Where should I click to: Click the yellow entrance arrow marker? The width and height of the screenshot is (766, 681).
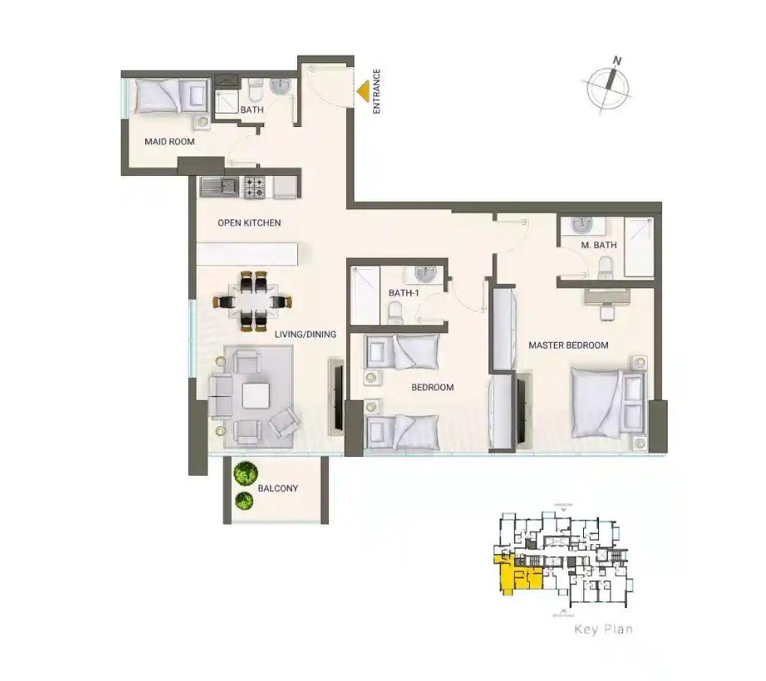tap(363, 92)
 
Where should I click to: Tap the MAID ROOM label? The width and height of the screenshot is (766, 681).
tap(169, 141)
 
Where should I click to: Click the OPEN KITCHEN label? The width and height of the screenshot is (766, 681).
tap(249, 222)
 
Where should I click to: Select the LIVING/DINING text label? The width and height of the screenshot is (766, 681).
tap(305, 334)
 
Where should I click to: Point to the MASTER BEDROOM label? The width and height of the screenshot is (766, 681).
tap(568, 345)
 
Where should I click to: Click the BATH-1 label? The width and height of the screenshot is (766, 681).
tap(403, 293)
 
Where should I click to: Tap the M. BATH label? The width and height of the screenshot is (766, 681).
tap(599, 245)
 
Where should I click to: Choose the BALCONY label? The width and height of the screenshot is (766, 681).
tap(278, 489)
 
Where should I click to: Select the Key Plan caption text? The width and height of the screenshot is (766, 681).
tap(603, 629)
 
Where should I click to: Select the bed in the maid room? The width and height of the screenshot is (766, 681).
tap(172, 95)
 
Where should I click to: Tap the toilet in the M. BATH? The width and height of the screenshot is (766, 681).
tap(605, 266)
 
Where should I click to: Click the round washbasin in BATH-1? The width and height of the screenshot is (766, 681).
tap(424, 272)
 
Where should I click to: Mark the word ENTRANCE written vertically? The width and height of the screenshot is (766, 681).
tap(377, 91)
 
